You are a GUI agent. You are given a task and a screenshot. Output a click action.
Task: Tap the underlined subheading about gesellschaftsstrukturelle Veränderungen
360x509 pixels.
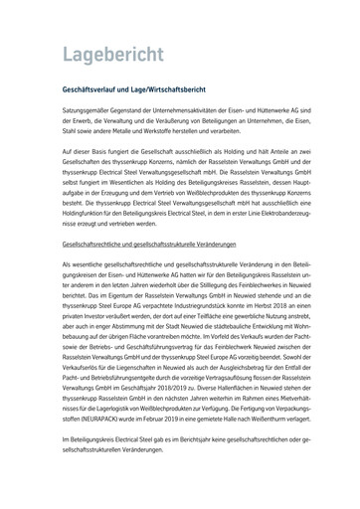(156, 243)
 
